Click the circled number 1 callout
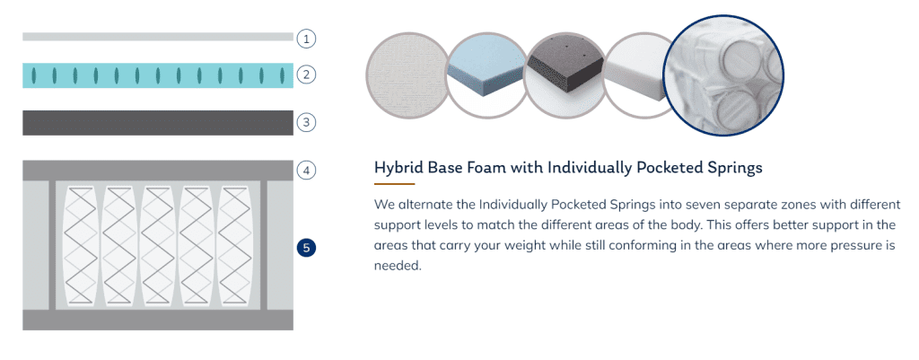306,40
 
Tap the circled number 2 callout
306,75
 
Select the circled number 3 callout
306,122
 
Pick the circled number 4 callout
306,171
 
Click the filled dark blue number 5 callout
306,248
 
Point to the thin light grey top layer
158,37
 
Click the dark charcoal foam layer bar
158,122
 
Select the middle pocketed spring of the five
157,245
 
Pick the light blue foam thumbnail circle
486,75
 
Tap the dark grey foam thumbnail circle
565,75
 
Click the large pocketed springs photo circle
724,75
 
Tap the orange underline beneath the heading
395,184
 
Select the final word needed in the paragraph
398,266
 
